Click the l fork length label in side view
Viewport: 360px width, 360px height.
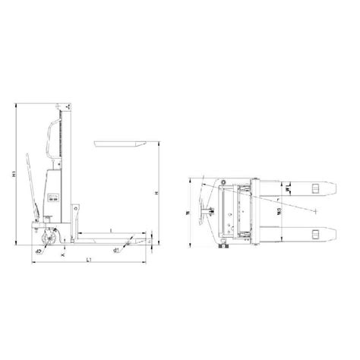(112, 229)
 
